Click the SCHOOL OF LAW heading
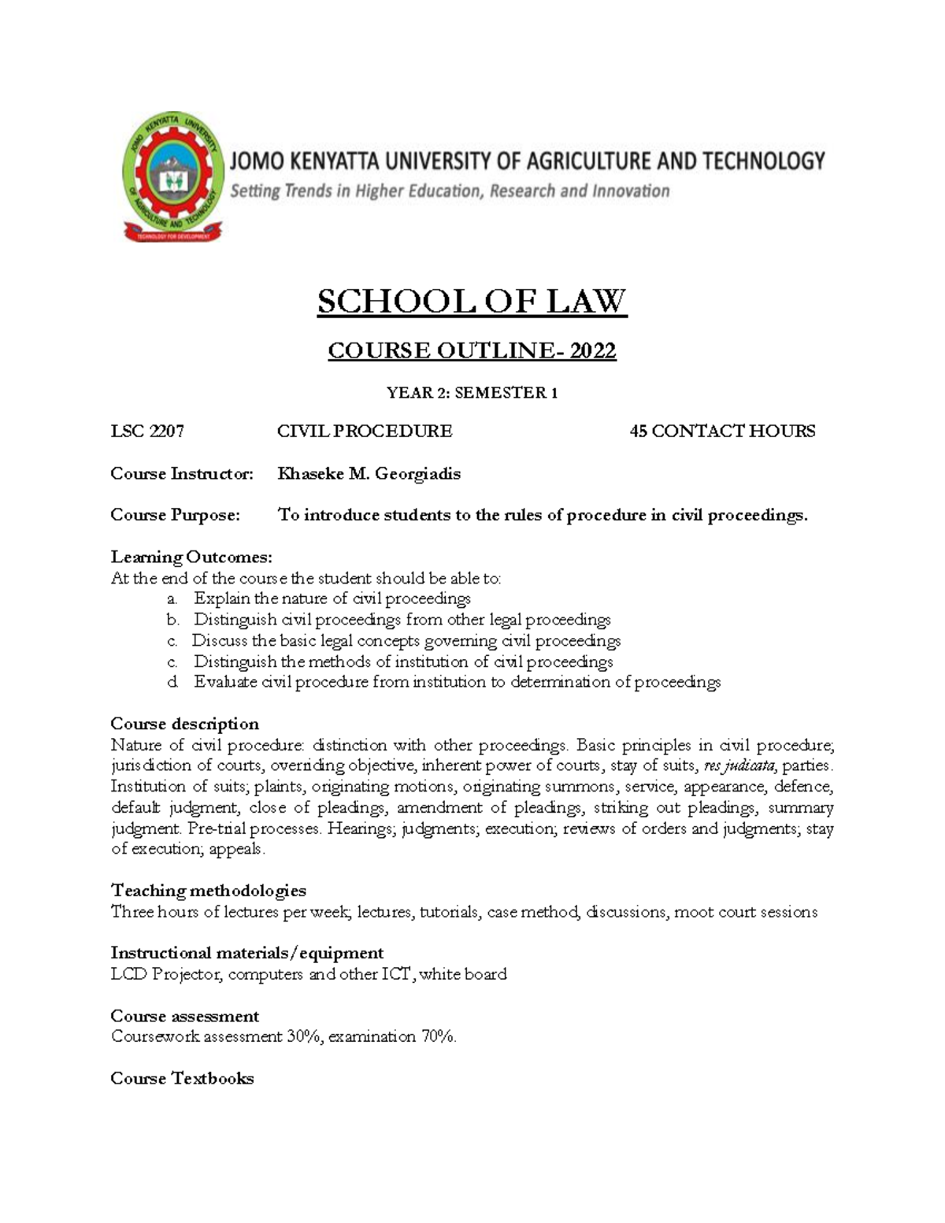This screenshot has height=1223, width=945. point(472,301)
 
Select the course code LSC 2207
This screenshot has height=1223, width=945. point(147,431)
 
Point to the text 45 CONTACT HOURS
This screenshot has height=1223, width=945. point(722,431)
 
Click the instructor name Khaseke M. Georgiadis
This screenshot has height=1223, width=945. point(369,473)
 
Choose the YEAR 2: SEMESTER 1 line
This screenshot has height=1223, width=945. point(472,392)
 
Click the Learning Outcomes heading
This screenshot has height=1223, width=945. point(191,557)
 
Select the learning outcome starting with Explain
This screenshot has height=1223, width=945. point(332,599)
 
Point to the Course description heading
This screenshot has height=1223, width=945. point(184,724)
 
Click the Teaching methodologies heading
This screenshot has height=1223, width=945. point(208,890)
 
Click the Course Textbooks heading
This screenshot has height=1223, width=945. point(182,1078)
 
